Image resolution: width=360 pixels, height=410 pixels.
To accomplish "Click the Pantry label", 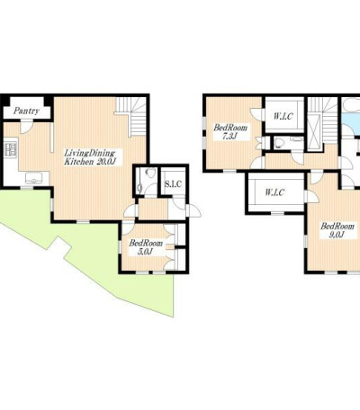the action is point(26,111).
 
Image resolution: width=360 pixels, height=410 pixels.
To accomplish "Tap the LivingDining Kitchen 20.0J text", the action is point(90,157).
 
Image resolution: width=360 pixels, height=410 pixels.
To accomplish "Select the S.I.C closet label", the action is point(173,183).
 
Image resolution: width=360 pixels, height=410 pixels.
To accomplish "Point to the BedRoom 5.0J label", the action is point(146,247).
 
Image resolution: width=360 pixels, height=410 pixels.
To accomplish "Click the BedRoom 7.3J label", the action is point(230,131).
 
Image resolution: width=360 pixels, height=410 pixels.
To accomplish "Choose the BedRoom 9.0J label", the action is point(337,230).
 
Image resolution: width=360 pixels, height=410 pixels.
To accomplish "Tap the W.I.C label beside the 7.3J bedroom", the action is point(283,116).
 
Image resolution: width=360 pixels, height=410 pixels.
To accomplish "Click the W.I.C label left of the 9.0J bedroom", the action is point(274,192).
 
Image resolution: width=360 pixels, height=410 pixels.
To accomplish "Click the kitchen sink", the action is point(34,178).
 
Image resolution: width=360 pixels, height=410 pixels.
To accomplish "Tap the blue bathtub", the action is point(351,115).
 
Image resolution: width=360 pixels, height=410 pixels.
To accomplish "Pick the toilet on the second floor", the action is point(278,143).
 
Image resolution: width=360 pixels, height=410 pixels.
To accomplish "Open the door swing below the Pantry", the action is point(25,127).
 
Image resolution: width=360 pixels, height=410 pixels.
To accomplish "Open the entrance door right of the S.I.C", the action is point(193,210).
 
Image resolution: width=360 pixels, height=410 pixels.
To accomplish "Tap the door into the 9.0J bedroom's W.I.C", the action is point(312,197).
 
